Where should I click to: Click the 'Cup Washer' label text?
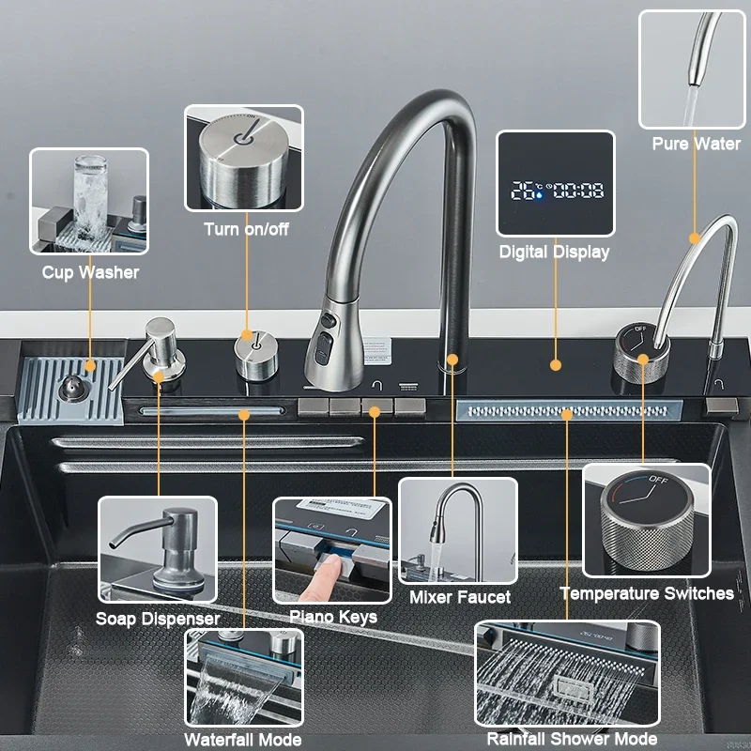[90, 272]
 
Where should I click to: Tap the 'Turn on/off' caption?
[246, 229]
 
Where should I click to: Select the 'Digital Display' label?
[554, 252]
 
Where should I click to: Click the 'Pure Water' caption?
[696, 144]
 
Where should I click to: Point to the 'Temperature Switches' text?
[647, 593]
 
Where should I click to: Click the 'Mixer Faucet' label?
[460, 597]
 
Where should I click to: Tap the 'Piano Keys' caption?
[332, 617]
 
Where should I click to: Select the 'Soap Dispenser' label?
[158, 619]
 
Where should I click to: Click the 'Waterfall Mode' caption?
[243, 740]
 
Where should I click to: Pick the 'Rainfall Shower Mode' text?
[572, 740]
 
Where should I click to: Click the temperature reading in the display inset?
[527, 191]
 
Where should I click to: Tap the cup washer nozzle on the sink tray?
[71, 388]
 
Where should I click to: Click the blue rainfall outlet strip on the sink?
[566, 411]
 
